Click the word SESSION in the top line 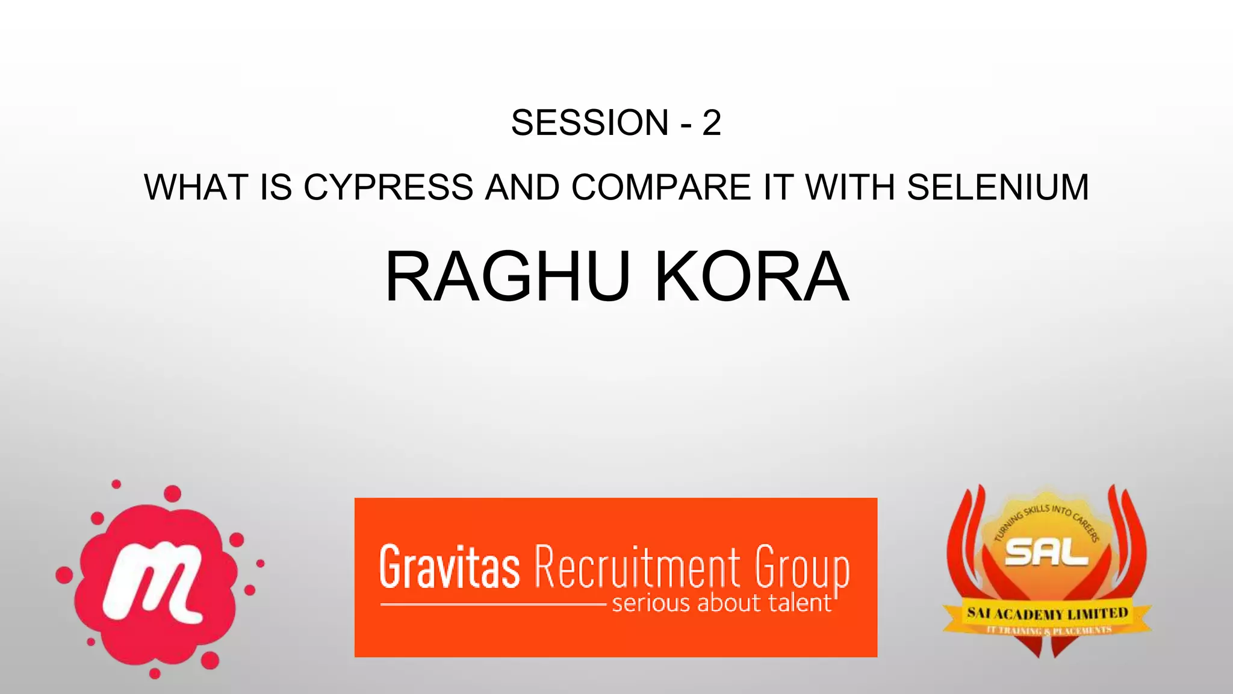coord(589,123)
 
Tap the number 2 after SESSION coord(711,123)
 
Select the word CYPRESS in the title coord(388,187)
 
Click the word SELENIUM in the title coord(998,187)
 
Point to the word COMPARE coord(661,187)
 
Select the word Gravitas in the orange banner coord(449,567)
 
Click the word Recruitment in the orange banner coord(638,567)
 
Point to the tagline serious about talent coord(721,603)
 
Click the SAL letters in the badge coord(1046,552)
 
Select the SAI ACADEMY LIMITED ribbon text coord(1047,614)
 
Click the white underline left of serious coord(492,604)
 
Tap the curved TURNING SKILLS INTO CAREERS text coord(1047,514)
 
